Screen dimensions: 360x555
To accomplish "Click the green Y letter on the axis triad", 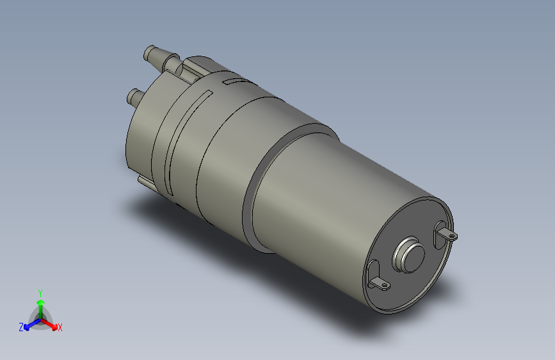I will pos(40,292).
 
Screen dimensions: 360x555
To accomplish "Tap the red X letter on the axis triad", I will pos(60,327).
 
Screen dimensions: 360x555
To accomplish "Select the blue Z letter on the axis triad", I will pos(21,327).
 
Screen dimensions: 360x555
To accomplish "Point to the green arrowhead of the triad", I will pos(40,302).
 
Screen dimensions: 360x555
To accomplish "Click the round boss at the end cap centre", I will pos(410,254).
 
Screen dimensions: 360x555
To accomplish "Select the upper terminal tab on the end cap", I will pos(448,234).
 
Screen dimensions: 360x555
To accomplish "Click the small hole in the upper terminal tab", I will pos(453,236).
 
